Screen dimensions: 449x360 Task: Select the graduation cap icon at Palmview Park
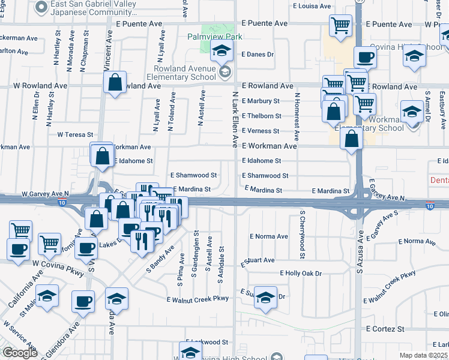pyautogui.click(x=221, y=53)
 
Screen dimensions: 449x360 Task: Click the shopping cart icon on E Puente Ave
pyautogui.click(x=340, y=26)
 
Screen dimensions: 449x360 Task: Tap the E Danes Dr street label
pyautogui.click(x=258, y=54)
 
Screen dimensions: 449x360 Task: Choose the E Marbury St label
pyautogui.click(x=261, y=101)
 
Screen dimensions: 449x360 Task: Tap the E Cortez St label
pyautogui.click(x=385, y=329)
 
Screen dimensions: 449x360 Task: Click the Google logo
pyautogui.click(x=20, y=353)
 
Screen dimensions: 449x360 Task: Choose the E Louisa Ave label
pyautogui.click(x=312, y=6)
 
